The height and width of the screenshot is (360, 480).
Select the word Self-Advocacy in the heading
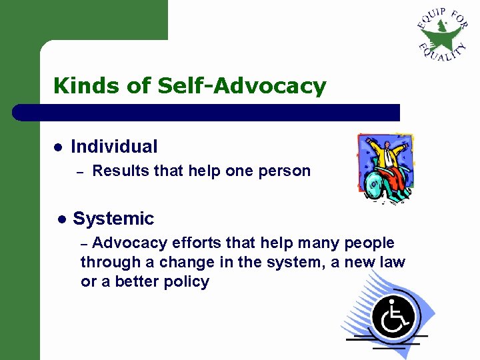(242, 86)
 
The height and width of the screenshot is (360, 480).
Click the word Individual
(114, 147)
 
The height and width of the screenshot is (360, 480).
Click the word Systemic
(113, 219)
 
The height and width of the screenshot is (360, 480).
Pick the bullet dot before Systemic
(61, 219)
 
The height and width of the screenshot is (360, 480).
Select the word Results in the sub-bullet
(121, 171)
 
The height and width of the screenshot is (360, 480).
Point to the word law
(393, 263)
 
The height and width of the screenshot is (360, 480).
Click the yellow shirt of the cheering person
(386, 156)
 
